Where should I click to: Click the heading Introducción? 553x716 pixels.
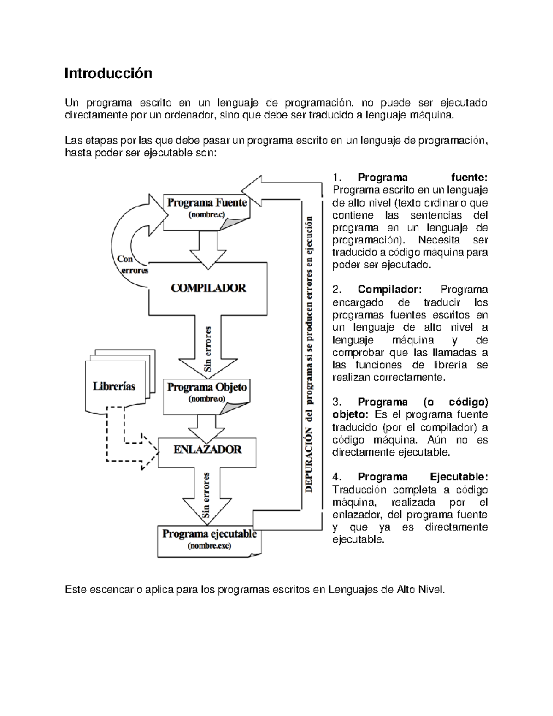tap(108, 73)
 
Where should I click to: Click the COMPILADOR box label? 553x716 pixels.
tap(208, 288)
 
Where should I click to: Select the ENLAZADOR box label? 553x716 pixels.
tap(207, 450)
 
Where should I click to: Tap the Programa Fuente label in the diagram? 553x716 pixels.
tap(207, 203)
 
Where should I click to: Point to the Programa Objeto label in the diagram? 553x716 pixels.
tap(207, 387)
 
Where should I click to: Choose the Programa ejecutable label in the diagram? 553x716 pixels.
tap(209, 534)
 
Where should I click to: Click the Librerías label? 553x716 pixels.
tap(114, 386)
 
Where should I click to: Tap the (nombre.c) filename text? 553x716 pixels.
tap(207, 214)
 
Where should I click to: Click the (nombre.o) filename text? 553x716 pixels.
tap(207, 399)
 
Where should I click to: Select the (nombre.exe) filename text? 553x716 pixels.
tap(209, 546)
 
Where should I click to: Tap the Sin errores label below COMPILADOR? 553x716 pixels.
tap(208, 349)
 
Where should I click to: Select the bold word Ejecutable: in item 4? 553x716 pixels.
tap(459, 477)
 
